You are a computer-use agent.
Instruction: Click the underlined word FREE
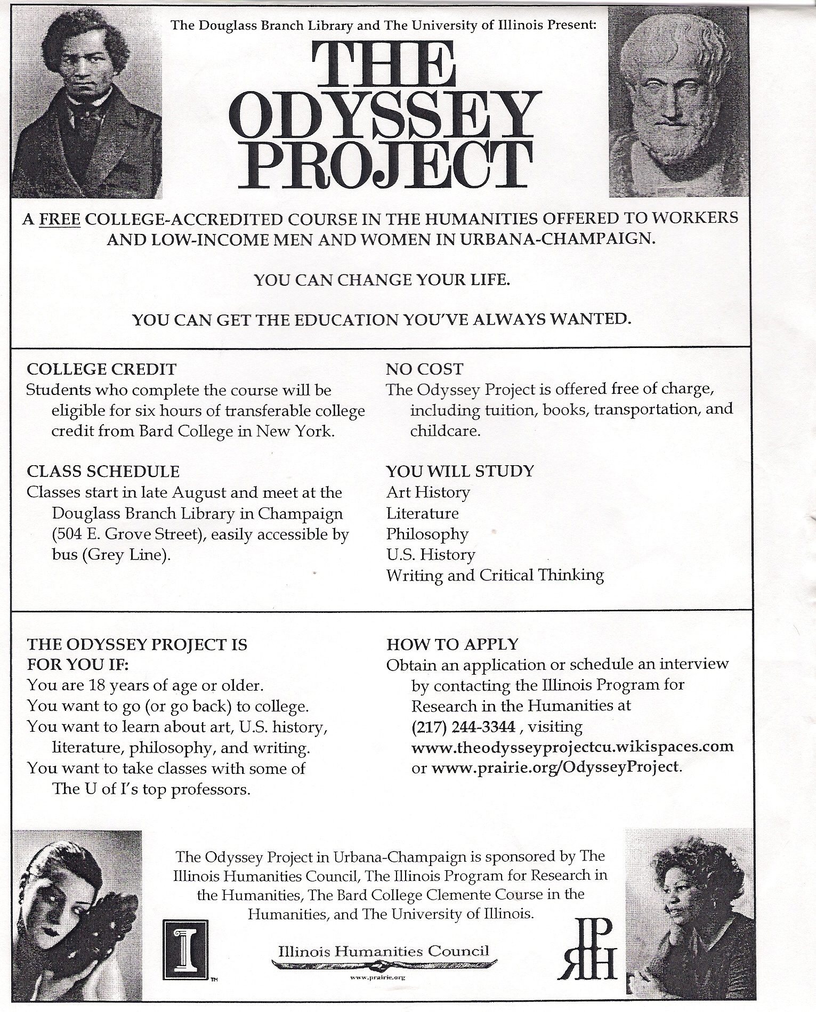pos(60,219)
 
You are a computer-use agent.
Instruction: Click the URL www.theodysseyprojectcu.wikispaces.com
pos(572,747)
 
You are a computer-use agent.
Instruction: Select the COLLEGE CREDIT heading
pos(101,369)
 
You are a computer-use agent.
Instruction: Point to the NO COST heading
pos(424,369)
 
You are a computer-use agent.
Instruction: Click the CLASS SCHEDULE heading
pos(103,471)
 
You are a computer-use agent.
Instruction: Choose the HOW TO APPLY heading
pos(452,644)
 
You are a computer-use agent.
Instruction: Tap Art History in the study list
pos(428,492)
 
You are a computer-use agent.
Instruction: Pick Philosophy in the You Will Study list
pos(427,533)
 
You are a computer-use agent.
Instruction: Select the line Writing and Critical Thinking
pos(495,576)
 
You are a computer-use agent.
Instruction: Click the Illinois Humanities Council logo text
pos(383,951)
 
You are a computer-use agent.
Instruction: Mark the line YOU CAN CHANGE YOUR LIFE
pos(382,280)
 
